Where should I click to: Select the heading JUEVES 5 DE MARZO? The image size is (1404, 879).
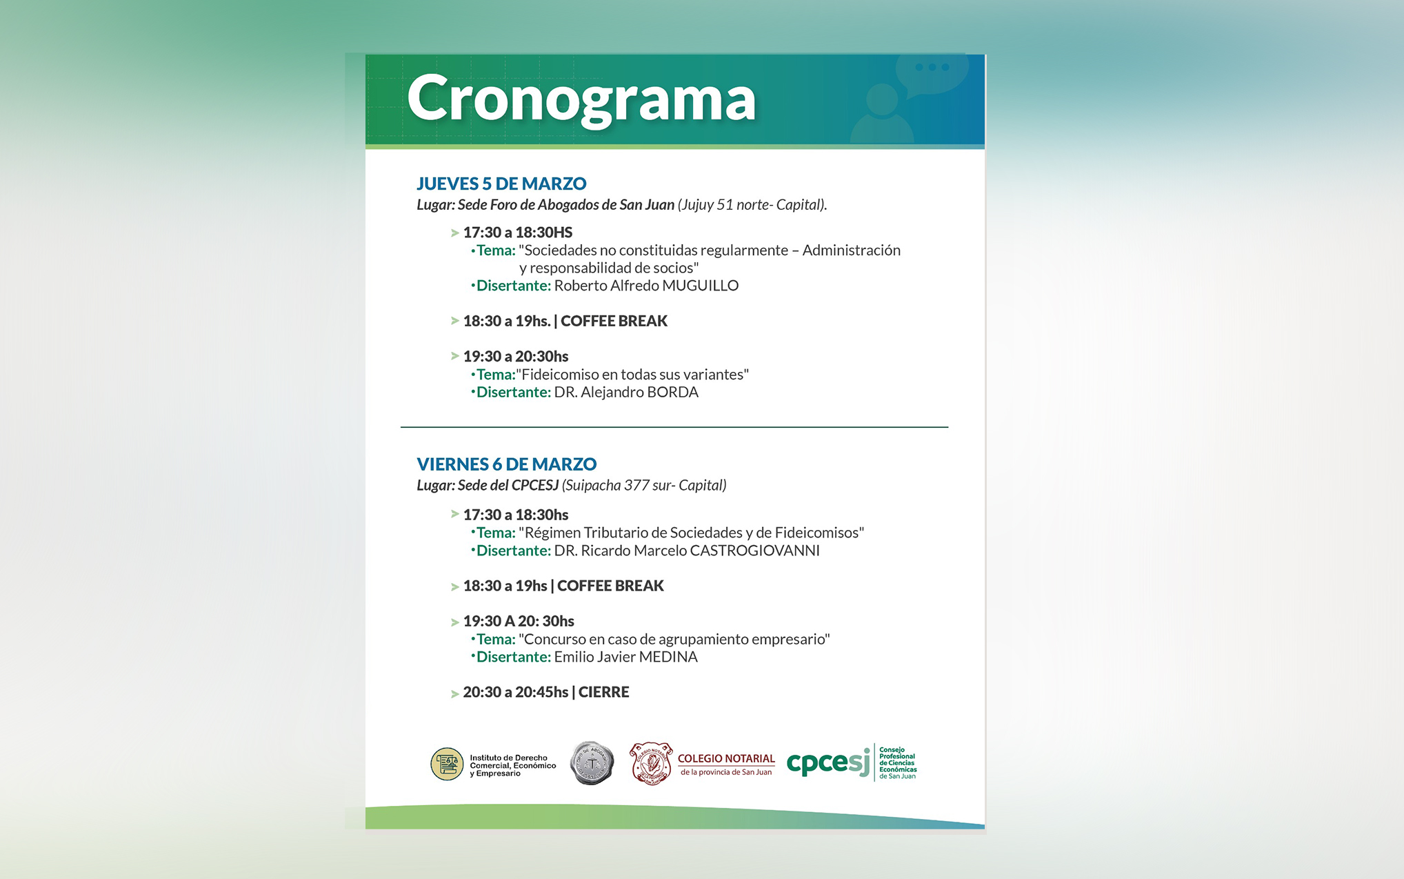point(501,184)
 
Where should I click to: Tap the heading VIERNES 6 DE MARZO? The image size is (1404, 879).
point(507,464)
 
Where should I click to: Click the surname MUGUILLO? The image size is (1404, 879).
point(700,286)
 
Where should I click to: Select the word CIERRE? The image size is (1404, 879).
point(604,692)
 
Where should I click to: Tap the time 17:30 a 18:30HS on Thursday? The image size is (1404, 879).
point(518,233)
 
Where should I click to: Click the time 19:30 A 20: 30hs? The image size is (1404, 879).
point(519,621)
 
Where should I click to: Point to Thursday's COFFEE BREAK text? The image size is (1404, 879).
point(614,321)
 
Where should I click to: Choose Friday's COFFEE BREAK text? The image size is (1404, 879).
point(610,586)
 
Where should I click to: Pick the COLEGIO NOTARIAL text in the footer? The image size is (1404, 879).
point(726,758)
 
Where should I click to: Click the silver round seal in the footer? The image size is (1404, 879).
point(592,763)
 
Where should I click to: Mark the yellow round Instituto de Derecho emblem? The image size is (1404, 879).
point(447,764)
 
